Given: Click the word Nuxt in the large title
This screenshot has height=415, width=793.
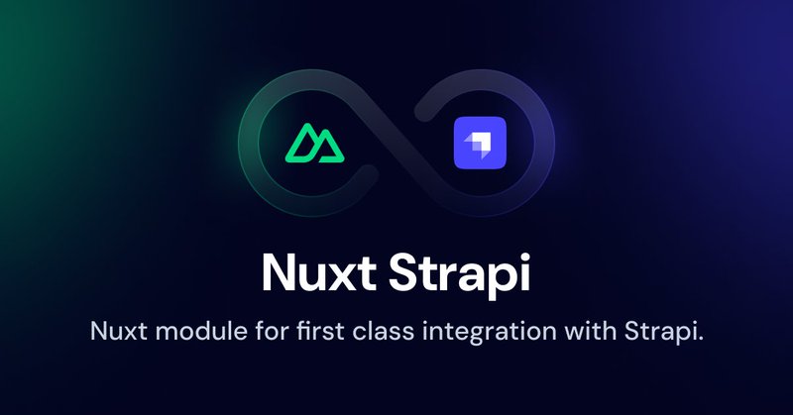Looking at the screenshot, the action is tap(318, 273).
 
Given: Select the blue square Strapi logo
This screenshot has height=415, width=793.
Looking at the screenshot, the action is tap(480, 143).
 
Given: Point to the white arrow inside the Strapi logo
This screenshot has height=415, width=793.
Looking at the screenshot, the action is tap(479, 144).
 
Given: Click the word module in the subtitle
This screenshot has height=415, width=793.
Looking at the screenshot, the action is tap(201, 331).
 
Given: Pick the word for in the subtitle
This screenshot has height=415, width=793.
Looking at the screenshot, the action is tap(272, 331).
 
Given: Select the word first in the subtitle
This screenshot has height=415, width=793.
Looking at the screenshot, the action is tap(320, 331).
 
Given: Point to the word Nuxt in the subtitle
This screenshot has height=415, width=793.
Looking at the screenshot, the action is tap(119, 332).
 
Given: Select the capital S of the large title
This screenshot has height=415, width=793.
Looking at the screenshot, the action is tap(404, 273).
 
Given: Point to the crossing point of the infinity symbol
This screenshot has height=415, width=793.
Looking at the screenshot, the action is tap(396, 143).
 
